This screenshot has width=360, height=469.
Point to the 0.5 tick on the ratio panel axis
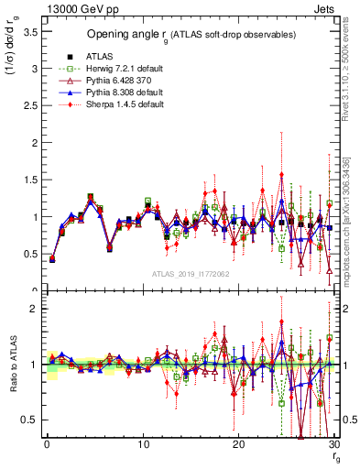tap(29, 420)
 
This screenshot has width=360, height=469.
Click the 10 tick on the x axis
tap(143, 444)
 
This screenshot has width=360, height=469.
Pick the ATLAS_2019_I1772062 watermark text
tap(191, 274)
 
